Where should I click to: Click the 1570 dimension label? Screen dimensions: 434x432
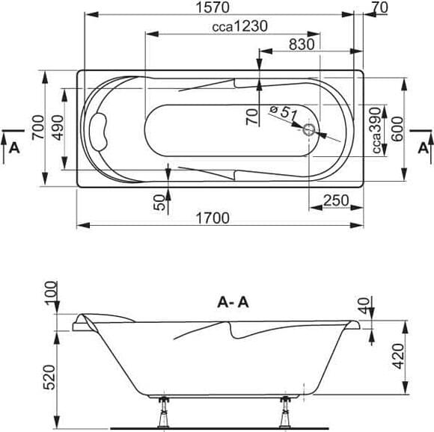[213, 7]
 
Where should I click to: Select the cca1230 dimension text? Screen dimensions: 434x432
[239, 27]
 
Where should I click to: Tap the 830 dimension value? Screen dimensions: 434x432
[302, 44]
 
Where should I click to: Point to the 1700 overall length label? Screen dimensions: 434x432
[213, 218]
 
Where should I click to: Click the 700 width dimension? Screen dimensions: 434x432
[38, 127]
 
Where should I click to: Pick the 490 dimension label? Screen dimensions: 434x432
[58, 127]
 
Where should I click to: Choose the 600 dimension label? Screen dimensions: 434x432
[397, 129]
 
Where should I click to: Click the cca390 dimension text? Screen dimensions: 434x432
[376, 131]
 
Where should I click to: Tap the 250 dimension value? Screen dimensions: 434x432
[336, 200]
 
